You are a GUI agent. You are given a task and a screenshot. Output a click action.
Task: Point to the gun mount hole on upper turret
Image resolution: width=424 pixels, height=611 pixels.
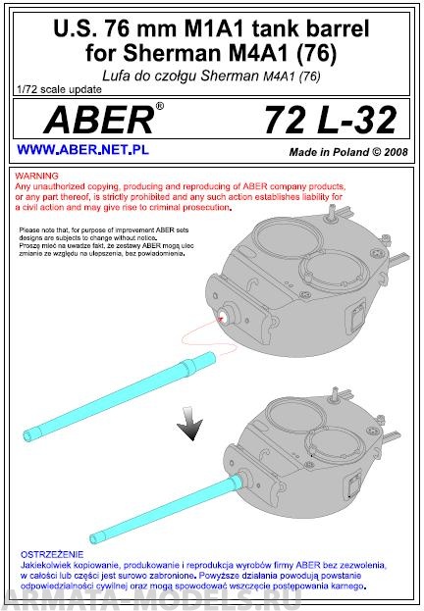(225, 316)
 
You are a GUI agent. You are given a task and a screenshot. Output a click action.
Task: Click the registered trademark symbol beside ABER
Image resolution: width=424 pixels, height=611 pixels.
(160, 106)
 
